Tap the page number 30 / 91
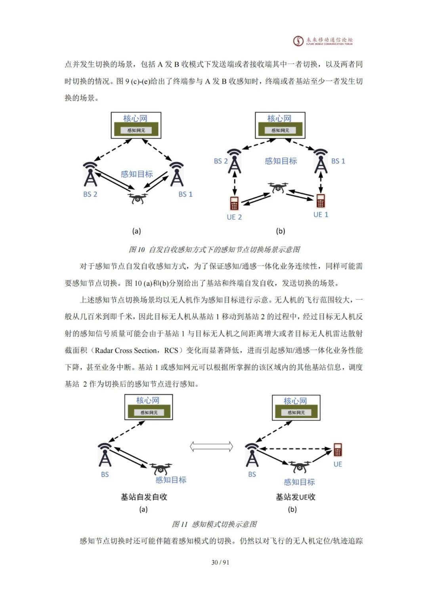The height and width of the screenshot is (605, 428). coord(220,562)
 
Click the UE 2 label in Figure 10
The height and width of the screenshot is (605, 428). coord(234,217)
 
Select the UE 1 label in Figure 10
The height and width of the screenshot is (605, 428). coord(321,215)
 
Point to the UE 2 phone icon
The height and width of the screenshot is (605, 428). coord(234,203)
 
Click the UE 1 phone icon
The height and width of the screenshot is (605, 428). coord(321,201)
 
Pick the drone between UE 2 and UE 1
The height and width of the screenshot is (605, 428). coord(278,188)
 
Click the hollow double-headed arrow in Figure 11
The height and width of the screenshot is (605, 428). coord(211,447)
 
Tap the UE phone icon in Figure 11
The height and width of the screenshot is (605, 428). coord(338,450)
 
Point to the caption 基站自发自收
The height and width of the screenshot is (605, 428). coord(144,497)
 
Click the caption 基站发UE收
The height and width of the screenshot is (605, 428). coord(296,497)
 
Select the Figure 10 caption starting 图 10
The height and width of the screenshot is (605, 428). coord(214,249)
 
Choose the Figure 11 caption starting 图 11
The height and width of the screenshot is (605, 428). coord(214,524)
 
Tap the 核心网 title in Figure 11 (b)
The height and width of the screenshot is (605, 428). coord(295,401)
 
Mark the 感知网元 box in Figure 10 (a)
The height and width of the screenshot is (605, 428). coord(136,130)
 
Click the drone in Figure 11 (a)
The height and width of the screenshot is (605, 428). coord(160,469)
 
